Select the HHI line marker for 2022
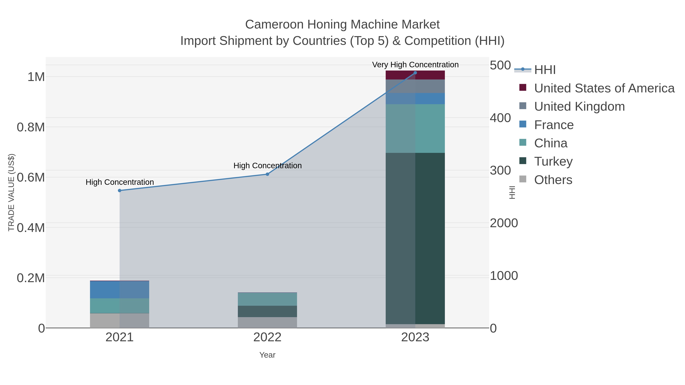coord(267,174)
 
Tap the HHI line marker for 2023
coord(415,73)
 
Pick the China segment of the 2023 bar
coord(415,128)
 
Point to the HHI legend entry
coord(545,70)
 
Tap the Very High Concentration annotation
coord(415,65)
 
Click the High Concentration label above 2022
coord(267,166)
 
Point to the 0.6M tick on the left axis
coord(31,178)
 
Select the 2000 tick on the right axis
coord(504,223)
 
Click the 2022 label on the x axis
coord(267,338)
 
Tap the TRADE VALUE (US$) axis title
coord(11,192)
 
